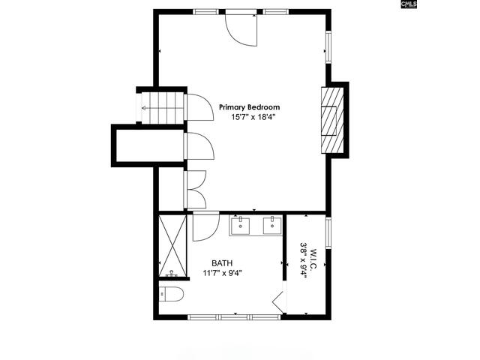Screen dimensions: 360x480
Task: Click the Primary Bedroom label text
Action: point(249,107)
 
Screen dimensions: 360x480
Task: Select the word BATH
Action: point(221,262)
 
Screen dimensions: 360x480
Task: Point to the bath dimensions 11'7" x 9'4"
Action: point(222,273)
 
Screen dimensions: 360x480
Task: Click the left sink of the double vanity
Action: point(241,224)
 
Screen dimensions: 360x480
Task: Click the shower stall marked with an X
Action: point(172,247)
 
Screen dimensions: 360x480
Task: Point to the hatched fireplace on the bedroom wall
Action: point(331,119)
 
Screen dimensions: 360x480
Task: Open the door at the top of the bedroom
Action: point(242,28)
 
